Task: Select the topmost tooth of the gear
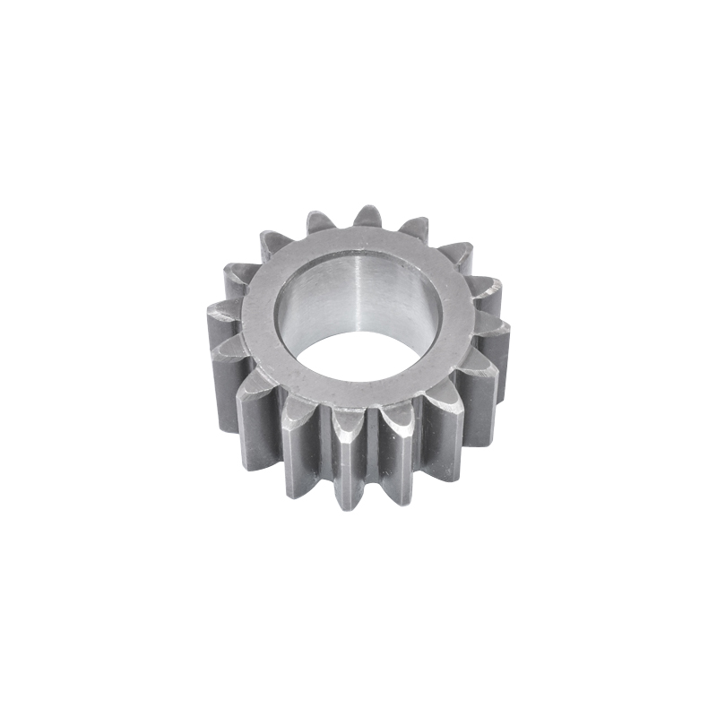point(367,218)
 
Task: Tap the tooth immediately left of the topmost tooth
point(320,223)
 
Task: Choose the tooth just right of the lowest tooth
point(398,453)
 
